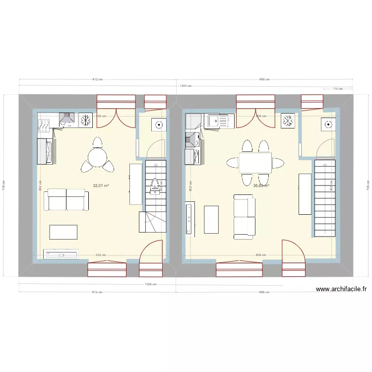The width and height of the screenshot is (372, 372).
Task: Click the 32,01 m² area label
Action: click(101, 186)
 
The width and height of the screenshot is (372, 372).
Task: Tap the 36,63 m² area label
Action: click(261, 186)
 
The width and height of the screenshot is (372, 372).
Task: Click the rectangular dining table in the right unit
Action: click(255, 163)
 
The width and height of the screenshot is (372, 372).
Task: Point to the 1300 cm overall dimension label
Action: click(185, 86)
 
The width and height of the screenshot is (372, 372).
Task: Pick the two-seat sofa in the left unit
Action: click(68, 199)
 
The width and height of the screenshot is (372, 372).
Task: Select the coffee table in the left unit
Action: click(63, 232)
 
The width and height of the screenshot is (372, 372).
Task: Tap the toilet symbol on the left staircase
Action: click(155, 185)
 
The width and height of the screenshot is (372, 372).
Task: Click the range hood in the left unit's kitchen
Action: click(67, 120)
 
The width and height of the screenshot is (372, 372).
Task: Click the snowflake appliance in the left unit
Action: click(86, 120)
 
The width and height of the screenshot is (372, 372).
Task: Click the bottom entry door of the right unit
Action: click(294, 258)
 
